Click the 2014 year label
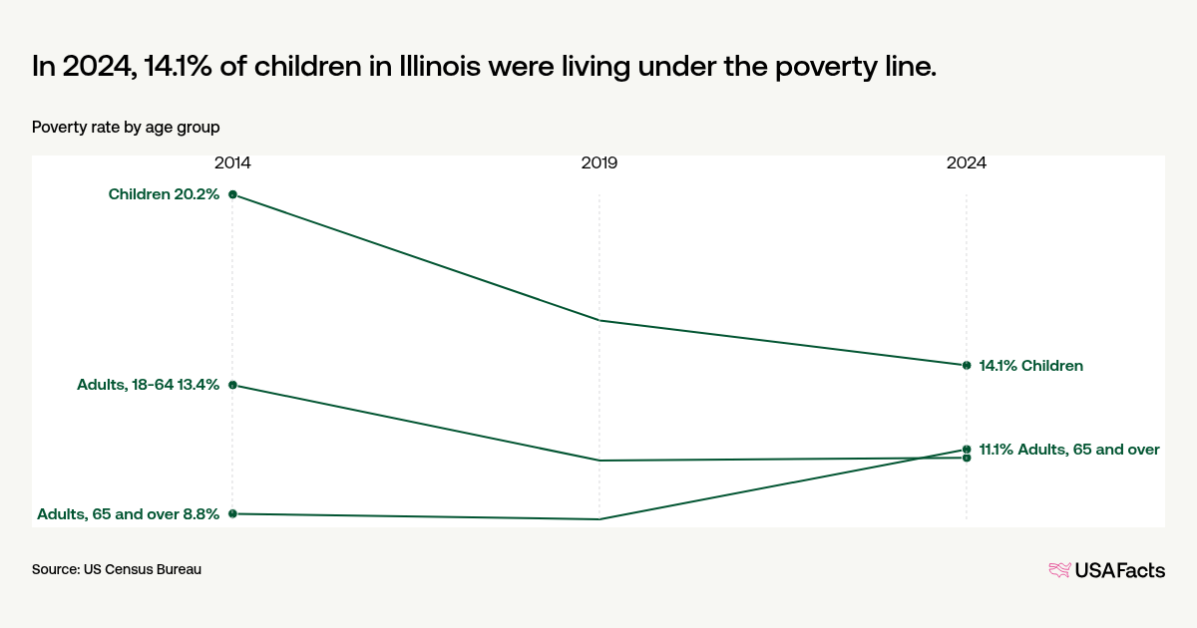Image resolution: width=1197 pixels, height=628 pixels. pos(232,162)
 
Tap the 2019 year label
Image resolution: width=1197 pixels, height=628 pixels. pos(599,162)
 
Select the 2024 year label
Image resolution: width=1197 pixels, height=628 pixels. pos(967,162)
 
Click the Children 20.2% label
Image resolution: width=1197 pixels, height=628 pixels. pos(164,194)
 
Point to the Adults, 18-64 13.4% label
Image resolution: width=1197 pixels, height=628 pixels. pos(148,385)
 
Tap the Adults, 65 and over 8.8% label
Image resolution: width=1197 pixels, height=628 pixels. pos(128,514)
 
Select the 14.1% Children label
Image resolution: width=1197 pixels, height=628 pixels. pos(1030,366)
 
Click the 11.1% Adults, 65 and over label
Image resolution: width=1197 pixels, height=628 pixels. pos(1069,450)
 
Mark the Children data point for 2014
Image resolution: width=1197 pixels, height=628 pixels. pos(232,194)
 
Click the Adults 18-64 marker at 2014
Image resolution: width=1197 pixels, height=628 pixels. pos(232,385)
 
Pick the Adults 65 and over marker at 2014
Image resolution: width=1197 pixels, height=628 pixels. pos(232,513)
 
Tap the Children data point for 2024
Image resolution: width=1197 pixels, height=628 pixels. pos(967,365)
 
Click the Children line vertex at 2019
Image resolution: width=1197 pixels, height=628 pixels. pos(599,320)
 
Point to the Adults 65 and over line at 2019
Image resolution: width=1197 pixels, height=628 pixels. pos(599,519)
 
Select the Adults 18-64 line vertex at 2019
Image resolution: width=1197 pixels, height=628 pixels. pos(599,461)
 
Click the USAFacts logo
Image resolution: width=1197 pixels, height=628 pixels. pos(1106,570)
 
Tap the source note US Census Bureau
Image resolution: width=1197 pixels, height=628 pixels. pos(117,570)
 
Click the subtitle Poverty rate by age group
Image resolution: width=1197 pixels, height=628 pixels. pos(126,128)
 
